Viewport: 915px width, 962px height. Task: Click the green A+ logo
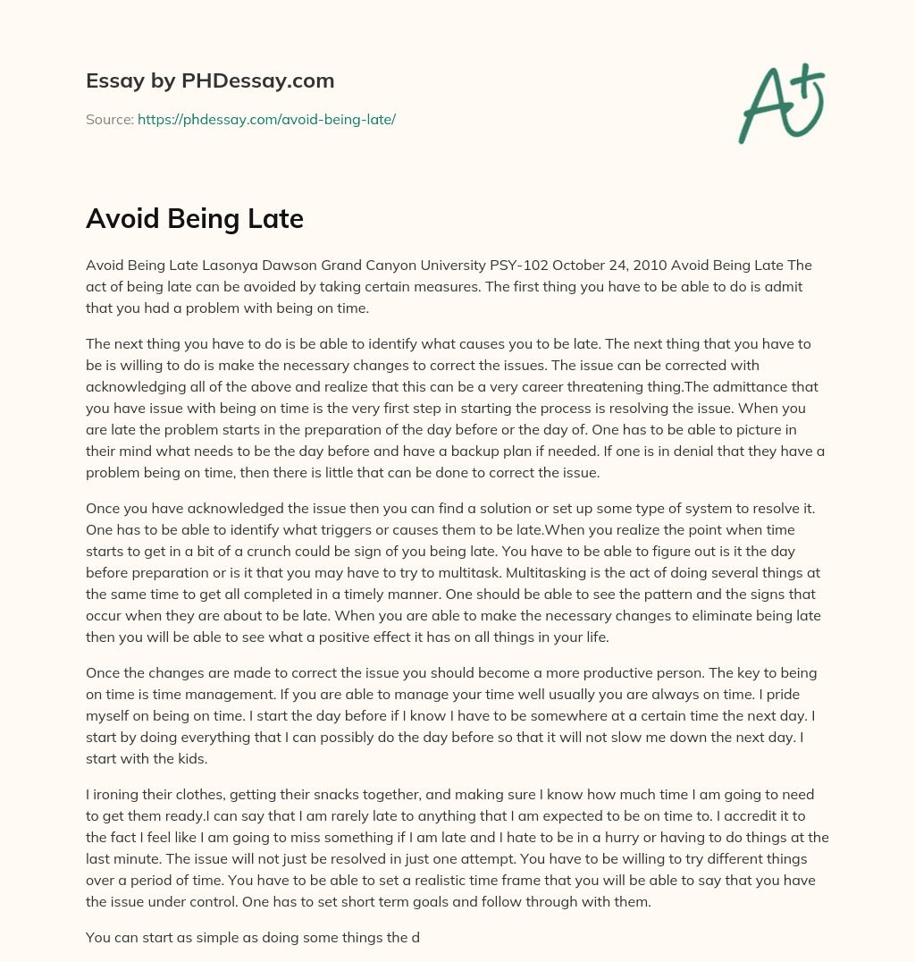[x=780, y=104]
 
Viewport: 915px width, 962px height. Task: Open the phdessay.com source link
[x=266, y=119]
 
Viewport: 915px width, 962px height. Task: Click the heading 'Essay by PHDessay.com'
[x=210, y=81]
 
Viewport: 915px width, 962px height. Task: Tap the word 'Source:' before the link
[x=110, y=119]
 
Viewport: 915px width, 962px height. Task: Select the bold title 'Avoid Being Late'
[x=195, y=219]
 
